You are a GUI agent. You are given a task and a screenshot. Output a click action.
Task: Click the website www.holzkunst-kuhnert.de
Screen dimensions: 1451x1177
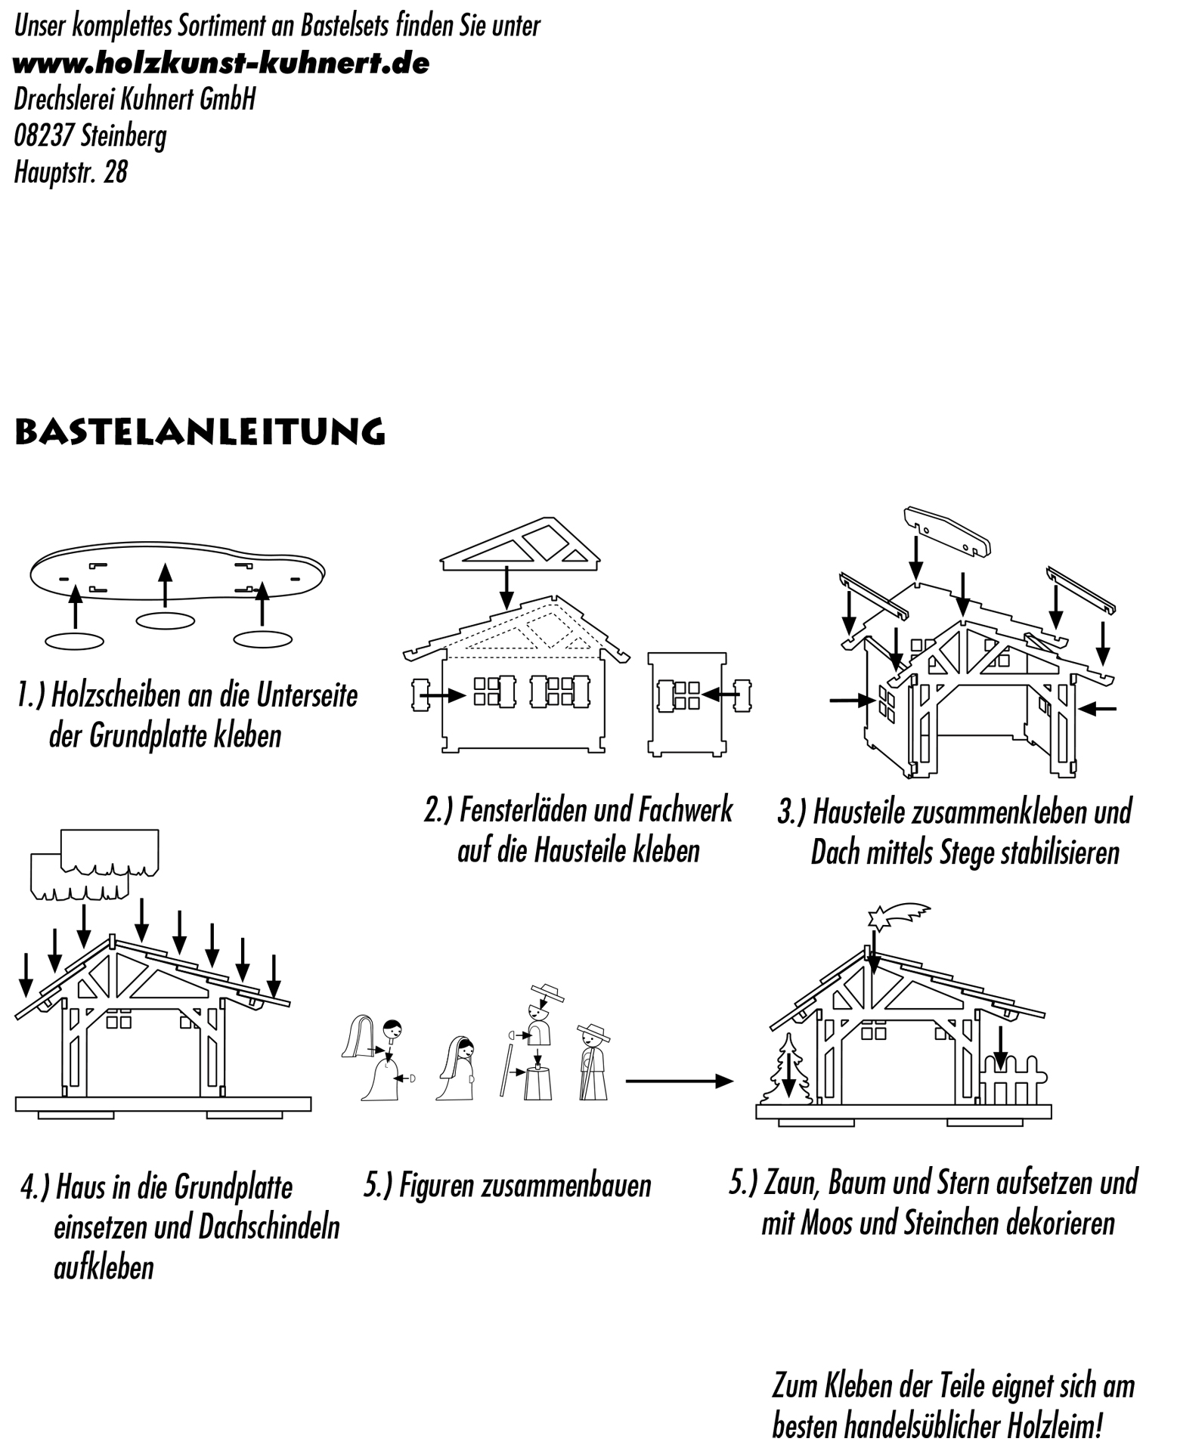(x=221, y=63)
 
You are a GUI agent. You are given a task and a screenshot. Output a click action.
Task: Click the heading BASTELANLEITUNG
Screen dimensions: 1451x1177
(x=200, y=432)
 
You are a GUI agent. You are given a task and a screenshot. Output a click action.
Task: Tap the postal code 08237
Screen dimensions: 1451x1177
(x=44, y=136)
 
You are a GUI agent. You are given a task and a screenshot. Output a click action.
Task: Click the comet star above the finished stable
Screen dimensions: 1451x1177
(x=900, y=916)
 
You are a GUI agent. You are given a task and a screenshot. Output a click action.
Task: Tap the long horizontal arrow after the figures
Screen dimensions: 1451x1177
(x=679, y=1081)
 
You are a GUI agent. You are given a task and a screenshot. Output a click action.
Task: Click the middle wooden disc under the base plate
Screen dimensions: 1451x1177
(x=165, y=620)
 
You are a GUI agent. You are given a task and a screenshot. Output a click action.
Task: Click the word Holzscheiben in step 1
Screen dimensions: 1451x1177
(x=116, y=696)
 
